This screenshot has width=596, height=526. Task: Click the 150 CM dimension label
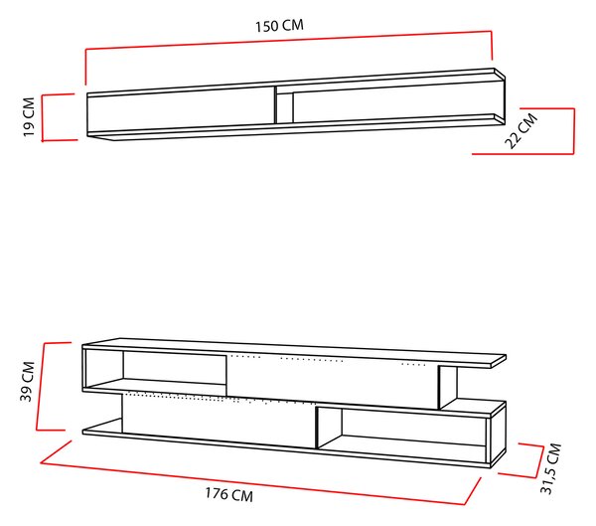click(x=279, y=26)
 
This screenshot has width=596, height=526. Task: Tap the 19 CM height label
click(x=29, y=117)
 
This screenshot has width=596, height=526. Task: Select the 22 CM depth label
click(x=521, y=130)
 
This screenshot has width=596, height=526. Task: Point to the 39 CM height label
click(x=28, y=382)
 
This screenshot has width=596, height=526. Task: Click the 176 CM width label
click(x=229, y=494)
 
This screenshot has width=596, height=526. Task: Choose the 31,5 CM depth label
click(x=550, y=468)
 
